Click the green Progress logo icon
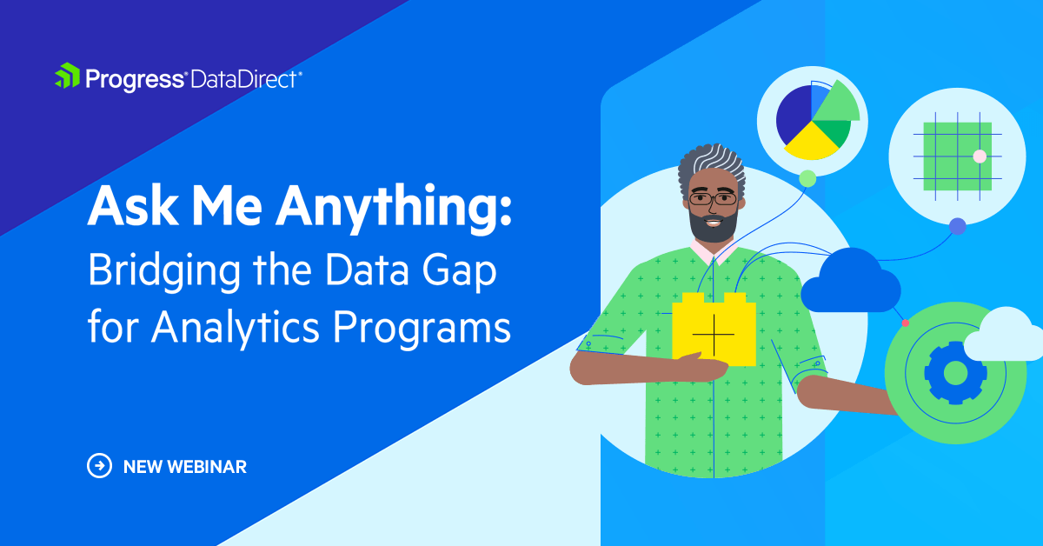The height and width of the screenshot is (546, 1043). point(67,77)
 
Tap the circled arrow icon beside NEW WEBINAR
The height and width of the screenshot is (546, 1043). point(100,466)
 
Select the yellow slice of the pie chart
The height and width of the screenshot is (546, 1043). point(810,139)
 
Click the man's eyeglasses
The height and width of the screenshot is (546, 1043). point(713,199)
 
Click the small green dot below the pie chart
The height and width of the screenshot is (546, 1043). point(807,178)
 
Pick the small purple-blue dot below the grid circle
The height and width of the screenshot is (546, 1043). point(957,226)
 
